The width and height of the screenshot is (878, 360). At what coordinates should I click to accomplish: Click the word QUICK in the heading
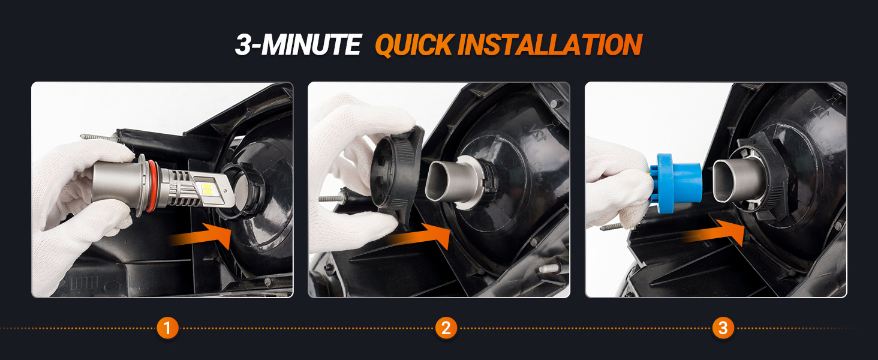414,45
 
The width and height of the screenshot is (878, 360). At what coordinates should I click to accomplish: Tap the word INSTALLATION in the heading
550,44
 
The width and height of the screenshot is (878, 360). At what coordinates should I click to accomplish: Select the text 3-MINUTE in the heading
298,44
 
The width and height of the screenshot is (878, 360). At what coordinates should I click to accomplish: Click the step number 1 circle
167,328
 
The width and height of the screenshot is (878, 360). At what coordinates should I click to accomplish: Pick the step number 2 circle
446,328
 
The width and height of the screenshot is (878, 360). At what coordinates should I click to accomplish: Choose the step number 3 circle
723,328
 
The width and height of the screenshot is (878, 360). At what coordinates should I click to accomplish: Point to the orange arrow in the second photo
419,236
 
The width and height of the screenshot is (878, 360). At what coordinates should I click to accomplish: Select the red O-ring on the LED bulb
151,186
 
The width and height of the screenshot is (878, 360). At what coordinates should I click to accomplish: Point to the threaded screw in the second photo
333,197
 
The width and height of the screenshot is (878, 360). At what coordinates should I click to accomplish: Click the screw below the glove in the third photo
612,226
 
